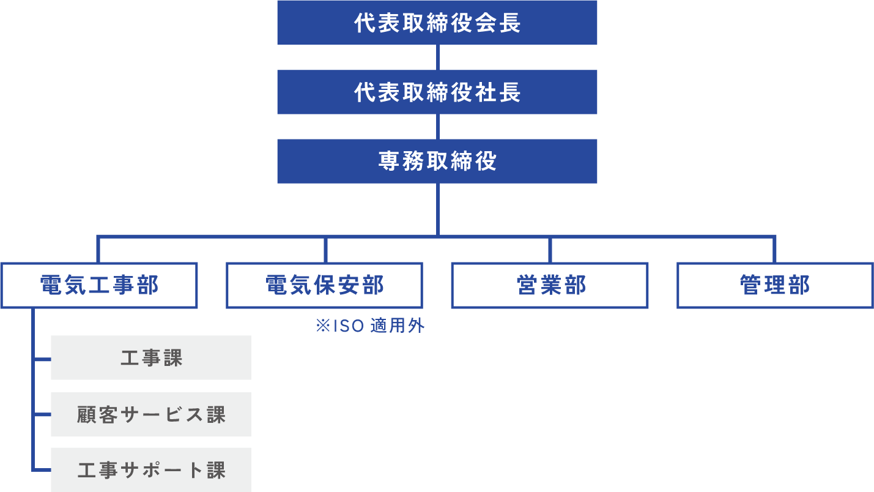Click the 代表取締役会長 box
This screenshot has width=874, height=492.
pos(437,23)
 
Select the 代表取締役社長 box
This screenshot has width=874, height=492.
pos(437,92)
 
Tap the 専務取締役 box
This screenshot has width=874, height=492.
pos(437,161)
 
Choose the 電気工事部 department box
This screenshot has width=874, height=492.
pos(99,285)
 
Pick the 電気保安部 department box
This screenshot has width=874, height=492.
pos(324,285)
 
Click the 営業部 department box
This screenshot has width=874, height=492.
pos(550,285)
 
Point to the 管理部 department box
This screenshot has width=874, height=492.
pos(775,285)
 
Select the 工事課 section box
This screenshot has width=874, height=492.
pos(151,358)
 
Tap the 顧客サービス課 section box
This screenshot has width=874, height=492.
pos(151,414)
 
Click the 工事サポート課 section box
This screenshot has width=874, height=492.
pos(151,470)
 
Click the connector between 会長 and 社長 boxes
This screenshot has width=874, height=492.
pos(438,57)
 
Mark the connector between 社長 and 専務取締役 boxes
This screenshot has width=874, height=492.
pos(438,126)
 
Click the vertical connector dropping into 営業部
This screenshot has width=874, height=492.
pos(550,250)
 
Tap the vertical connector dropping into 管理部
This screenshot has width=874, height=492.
pos(774,250)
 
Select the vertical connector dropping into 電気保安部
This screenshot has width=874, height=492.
pos(325,250)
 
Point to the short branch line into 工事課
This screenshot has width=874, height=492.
pos(42,359)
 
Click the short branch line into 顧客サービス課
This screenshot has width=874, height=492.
pos(42,414)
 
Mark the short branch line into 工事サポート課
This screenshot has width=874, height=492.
pos(42,470)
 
